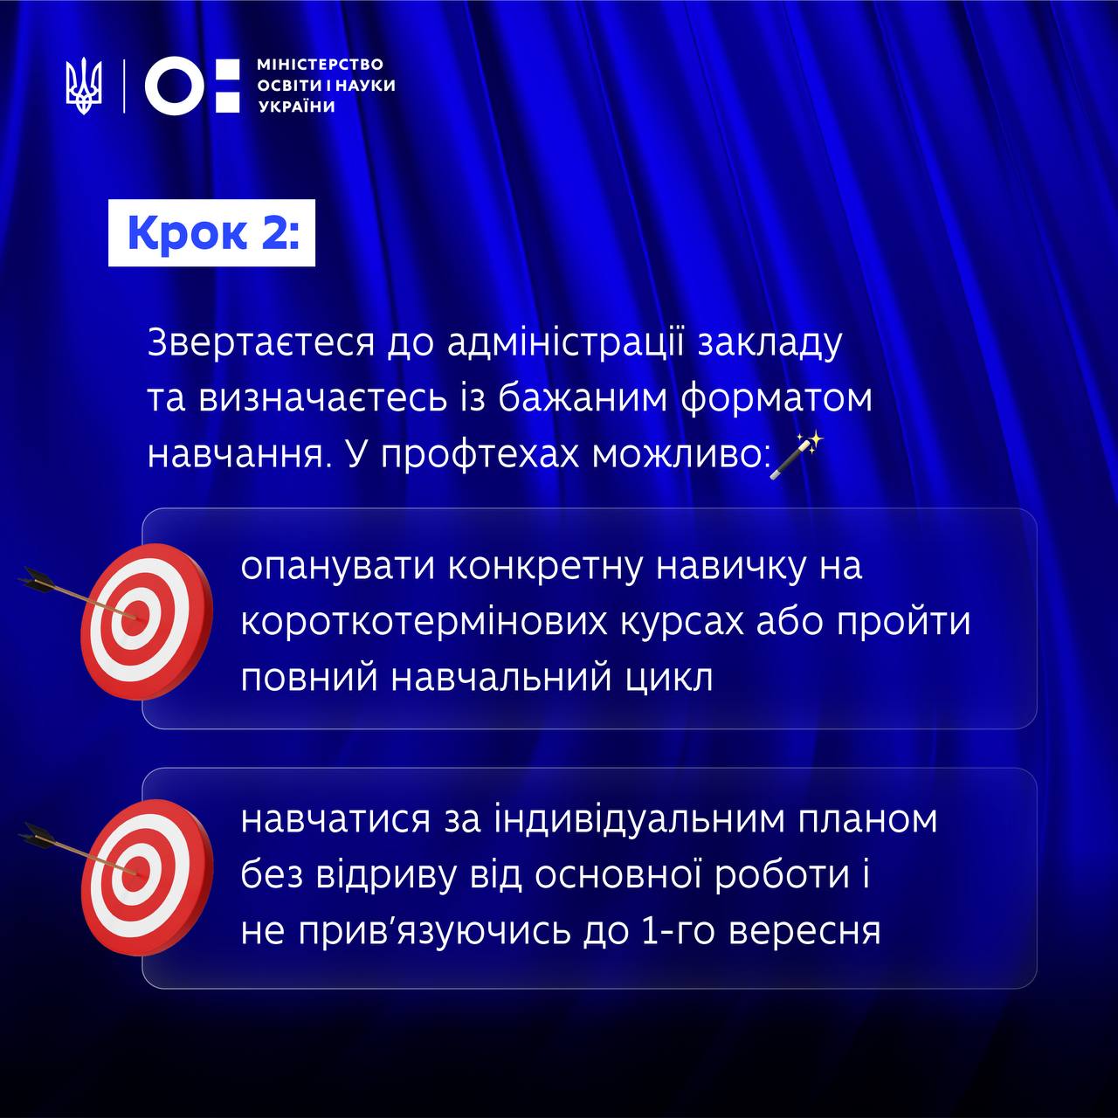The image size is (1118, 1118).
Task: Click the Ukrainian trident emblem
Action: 84,86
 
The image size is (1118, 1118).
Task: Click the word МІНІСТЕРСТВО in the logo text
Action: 321,65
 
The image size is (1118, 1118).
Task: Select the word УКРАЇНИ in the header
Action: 296,107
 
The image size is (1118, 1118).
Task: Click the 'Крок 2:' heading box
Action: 211,232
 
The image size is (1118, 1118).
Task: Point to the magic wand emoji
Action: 797,455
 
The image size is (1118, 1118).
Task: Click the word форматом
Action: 776,400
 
